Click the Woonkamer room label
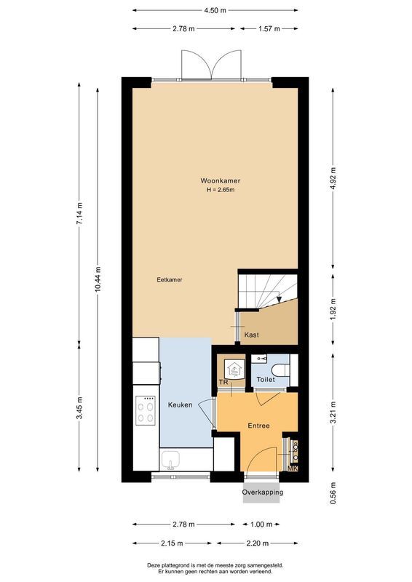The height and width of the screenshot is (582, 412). (x=221, y=180)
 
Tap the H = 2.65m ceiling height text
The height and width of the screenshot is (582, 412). (x=221, y=190)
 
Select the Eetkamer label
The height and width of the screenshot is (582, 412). (x=169, y=279)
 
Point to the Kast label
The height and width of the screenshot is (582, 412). (x=252, y=335)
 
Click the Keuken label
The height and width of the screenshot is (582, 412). (x=180, y=404)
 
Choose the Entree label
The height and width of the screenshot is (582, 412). (x=259, y=425)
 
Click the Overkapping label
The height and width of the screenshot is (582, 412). (x=263, y=493)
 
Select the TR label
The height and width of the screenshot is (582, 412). (x=223, y=381)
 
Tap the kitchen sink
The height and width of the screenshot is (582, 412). (x=172, y=461)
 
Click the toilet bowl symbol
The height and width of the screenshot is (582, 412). (x=282, y=365)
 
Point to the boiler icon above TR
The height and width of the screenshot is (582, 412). (x=234, y=369)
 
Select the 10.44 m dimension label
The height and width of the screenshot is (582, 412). (x=98, y=279)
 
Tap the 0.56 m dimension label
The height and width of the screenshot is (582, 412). (x=333, y=493)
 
